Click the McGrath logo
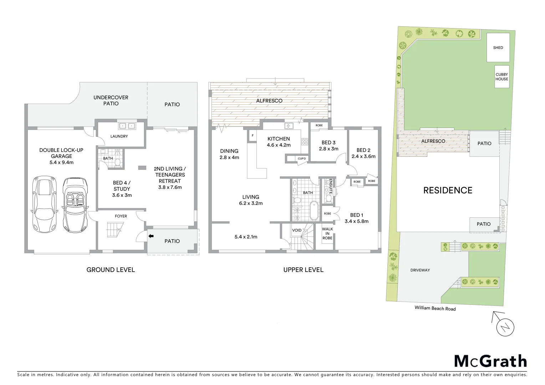490,361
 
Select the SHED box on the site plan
498,47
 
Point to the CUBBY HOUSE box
501,77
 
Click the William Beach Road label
435,308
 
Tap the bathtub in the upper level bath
313,211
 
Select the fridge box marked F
253,136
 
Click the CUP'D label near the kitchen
301,158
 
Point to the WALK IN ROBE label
327,233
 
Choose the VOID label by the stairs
297,230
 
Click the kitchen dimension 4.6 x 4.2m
279,145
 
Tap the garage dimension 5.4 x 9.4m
61,162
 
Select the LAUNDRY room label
119,136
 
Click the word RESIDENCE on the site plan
448,190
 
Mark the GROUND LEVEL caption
111,270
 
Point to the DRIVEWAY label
420,270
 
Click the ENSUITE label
331,186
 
